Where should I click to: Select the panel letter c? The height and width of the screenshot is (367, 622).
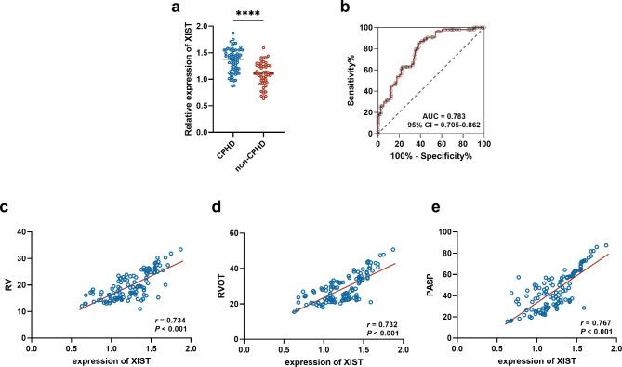click(7, 205)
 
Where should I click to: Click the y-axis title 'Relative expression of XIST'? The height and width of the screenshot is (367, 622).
click(190, 82)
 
